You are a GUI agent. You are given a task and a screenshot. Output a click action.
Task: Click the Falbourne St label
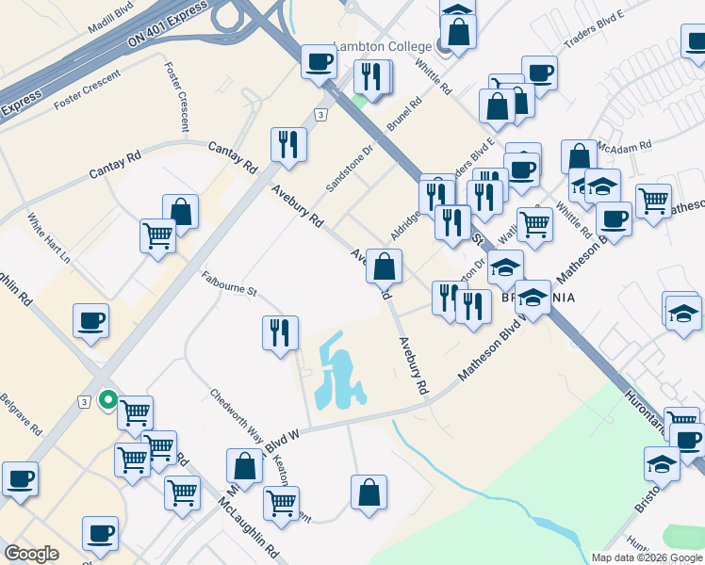(229, 284)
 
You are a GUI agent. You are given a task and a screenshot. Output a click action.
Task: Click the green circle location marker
(107, 399)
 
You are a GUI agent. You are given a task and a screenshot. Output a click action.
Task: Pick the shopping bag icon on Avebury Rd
(384, 266)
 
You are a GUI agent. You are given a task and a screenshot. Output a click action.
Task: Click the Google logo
(32, 554)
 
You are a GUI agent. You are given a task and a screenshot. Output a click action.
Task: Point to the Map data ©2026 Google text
(646, 557)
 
